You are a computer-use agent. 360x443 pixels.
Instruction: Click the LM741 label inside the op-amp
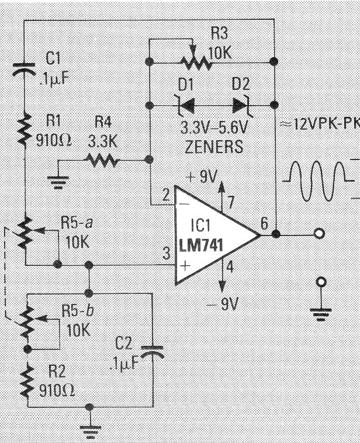click(x=201, y=245)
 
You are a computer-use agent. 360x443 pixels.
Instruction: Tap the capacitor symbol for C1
click(x=25, y=70)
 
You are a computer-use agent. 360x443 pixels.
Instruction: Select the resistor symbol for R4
click(x=102, y=160)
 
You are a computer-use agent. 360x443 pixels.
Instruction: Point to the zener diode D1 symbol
click(x=185, y=106)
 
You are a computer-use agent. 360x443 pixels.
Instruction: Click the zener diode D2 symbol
click(x=241, y=106)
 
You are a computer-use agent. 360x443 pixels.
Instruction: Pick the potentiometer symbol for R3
click(x=195, y=58)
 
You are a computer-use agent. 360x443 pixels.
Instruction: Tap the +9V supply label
click(x=202, y=177)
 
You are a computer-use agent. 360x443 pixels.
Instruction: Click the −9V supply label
click(x=223, y=304)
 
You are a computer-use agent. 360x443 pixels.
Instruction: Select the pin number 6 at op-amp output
click(x=264, y=223)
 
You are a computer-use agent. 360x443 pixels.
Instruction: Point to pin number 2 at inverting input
click(x=166, y=195)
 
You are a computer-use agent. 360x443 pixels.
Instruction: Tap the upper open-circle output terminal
click(x=320, y=233)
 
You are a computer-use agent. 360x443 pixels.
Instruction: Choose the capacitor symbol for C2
click(x=153, y=352)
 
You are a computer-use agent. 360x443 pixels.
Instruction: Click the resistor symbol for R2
click(x=27, y=380)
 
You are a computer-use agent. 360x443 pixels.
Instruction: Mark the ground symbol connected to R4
click(x=58, y=182)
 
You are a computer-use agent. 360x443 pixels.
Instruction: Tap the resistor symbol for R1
click(x=25, y=129)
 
